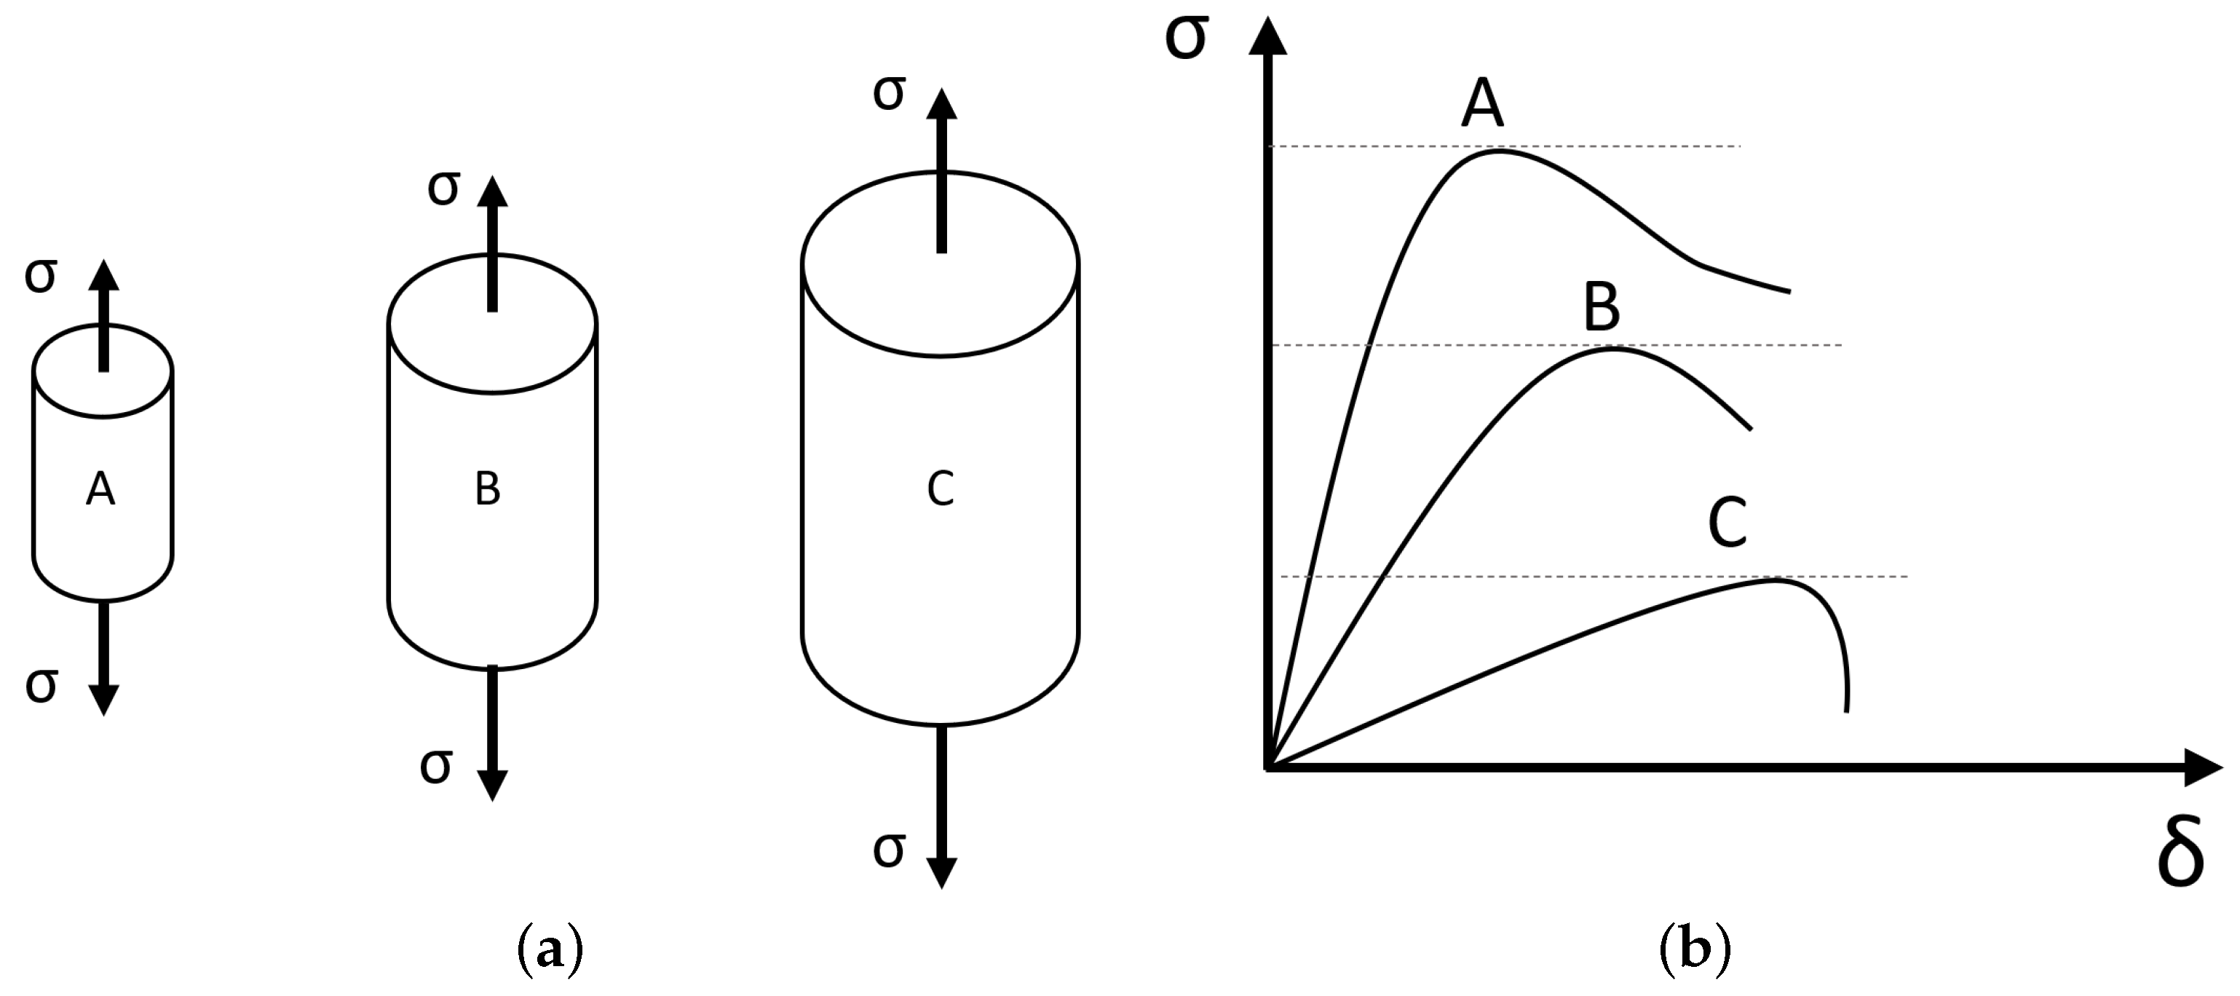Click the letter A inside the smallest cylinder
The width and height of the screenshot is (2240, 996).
[101, 490]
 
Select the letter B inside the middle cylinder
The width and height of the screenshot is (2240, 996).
[488, 490]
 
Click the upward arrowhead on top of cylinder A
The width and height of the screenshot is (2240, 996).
[103, 275]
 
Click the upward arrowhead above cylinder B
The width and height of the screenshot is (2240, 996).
[492, 191]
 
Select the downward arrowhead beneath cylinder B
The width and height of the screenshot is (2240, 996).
[492, 785]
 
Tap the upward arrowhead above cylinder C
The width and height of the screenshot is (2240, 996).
[941, 103]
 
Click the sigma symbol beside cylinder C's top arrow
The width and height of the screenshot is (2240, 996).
[889, 92]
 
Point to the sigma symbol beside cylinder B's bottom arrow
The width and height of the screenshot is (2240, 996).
[435, 765]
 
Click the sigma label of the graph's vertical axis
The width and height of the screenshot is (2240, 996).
[1186, 39]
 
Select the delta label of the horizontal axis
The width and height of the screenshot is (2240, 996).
[2181, 853]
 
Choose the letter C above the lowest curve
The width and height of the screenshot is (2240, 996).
[1728, 523]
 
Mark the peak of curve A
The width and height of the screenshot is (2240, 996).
[1500, 151]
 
